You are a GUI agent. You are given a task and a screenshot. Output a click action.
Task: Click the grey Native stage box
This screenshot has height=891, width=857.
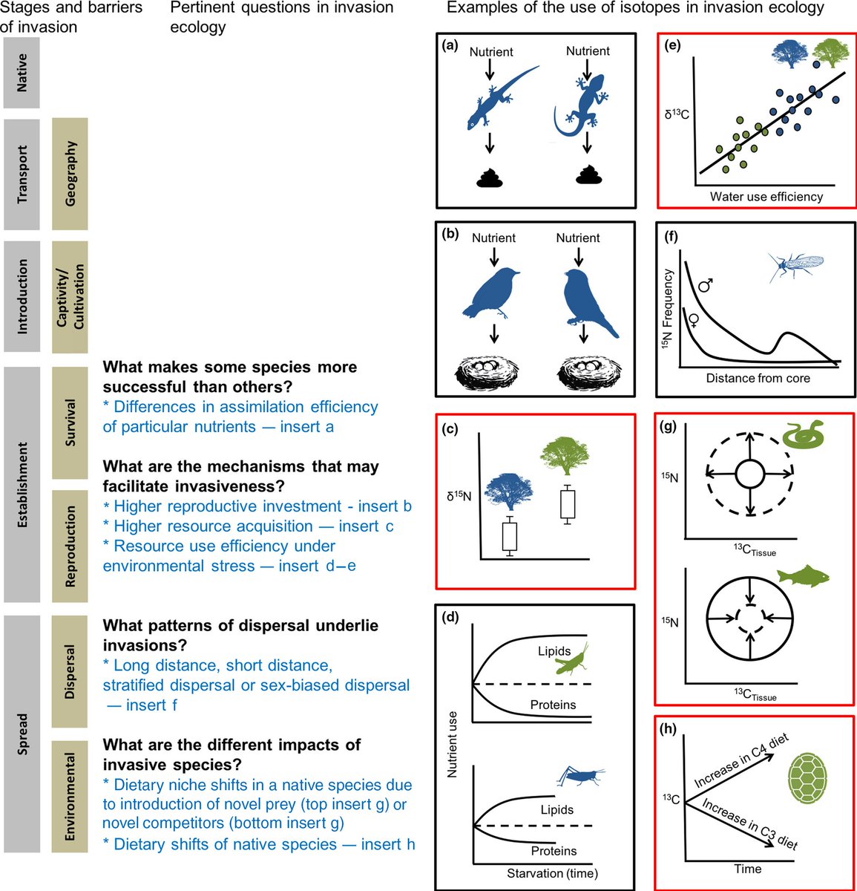22,73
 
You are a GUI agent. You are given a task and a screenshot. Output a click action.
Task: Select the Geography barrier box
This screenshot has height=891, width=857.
70,174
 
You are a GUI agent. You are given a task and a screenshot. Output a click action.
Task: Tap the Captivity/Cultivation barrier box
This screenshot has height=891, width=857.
70,296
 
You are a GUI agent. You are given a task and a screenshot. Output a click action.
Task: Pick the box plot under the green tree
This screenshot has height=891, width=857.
568,504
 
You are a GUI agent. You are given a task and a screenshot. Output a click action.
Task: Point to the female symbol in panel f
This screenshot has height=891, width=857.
694,320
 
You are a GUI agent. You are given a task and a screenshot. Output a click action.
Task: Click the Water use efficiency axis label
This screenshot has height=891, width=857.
766,197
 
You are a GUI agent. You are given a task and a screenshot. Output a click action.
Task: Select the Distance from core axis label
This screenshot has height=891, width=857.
758,378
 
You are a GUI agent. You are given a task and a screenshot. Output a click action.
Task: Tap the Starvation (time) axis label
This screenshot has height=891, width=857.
552,873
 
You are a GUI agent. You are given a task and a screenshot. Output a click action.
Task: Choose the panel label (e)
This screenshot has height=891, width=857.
673,46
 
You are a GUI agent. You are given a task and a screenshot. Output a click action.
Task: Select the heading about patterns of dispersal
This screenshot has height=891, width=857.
240,635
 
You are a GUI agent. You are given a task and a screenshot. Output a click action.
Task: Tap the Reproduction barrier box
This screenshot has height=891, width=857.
70,546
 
